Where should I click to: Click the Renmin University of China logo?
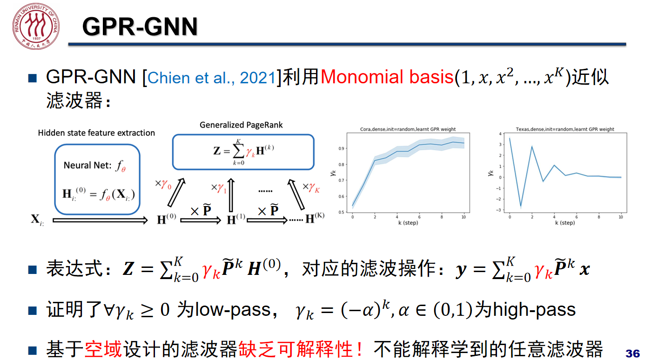coord(36,26)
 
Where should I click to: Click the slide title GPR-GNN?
coord(140,27)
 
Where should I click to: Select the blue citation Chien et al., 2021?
coord(212,78)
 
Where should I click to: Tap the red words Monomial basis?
coord(387,77)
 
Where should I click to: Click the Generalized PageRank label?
coord(241,125)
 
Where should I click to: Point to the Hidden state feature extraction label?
coord(96,133)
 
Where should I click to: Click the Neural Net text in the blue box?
coord(87,165)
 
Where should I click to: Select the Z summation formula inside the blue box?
coord(243,152)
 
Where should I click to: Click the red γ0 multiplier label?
coord(163,184)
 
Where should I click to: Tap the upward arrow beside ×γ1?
coord(231,195)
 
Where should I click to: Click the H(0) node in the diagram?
coord(167,219)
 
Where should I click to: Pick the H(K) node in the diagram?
coord(315,218)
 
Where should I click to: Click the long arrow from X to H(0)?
coord(100,220)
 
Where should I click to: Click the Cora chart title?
coord(408,129)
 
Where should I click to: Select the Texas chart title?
coord(564,129)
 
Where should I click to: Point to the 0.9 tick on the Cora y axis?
coord(341,148)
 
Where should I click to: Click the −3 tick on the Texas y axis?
coord(498,210)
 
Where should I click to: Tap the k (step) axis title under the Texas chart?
coord(564,223)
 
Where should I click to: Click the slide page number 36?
coord(632,353)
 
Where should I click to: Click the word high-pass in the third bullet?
coord(534,310)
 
